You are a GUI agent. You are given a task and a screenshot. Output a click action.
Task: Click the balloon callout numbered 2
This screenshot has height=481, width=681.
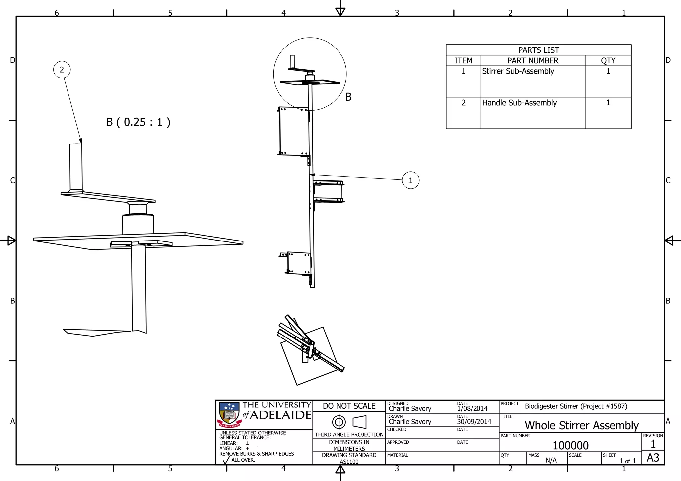pyautogui.click(x=62, y=70)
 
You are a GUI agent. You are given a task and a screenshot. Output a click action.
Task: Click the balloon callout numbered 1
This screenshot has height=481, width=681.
pyautogui.click(x=410, y=180)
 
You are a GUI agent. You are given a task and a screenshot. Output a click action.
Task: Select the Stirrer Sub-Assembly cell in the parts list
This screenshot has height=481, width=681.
pyautogui.click(x=518, y=71)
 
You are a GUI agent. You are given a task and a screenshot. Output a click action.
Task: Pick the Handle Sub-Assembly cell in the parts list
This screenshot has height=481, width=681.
pyautogui.click(x=519, y=103)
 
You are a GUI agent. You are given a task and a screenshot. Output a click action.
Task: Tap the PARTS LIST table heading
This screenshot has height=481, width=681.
pyautogui.click(x=538, y=50)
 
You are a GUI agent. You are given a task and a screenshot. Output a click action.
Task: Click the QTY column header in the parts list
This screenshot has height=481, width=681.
pyautogui.click(x=608, y=61)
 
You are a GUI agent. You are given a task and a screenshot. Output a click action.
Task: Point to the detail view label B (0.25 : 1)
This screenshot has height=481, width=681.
pyautogui.click(x=138, y=122)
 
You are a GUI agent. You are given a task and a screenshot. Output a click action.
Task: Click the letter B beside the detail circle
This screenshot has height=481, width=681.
pyautogui.click(x=348, y=97)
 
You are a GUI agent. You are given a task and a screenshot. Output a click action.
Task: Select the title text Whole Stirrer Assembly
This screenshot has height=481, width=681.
pyautogui.click(x=582, y=425)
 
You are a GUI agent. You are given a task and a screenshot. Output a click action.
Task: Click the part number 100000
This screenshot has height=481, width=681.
pyautogui.click(x=570, y=445)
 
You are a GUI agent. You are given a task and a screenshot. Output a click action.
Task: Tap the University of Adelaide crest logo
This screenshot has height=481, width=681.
pyautogui.click(x=229, y=415)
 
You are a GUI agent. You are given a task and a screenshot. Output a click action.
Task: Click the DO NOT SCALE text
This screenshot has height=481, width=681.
pyautogui.click(x=349, y=406)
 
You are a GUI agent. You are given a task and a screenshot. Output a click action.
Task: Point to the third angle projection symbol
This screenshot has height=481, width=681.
pyautogui.click(x=349, y=422)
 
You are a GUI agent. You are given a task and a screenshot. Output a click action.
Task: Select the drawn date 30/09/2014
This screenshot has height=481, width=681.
pyautogui.click(x=474, y=422)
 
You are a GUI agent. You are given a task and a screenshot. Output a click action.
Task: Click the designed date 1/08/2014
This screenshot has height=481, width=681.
pyautogui.click(x=472, y=409)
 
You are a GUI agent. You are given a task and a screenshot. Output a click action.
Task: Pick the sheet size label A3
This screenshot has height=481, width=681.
pyautogui.click(x=653, y=458)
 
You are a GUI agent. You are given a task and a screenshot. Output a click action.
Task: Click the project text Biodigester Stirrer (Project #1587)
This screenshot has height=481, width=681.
pyautogui.click(x=576, y=406)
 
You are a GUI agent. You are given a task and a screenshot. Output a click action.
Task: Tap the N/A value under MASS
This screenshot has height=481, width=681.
pyautogui.click(x=551, y=460)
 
